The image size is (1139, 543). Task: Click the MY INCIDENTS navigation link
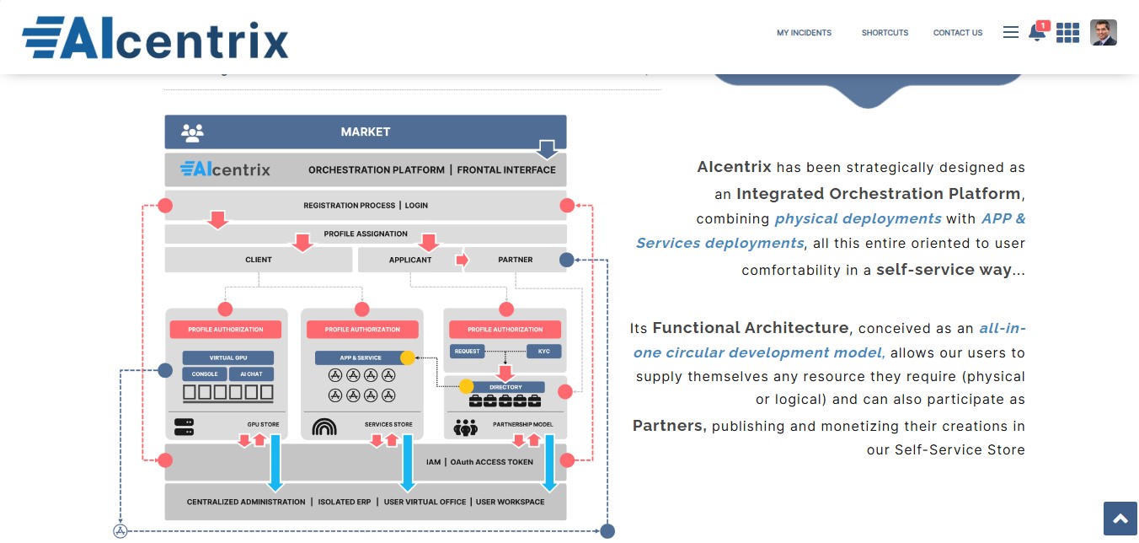tap(804, 33)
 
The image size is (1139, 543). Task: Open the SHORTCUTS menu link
tap(885, 33)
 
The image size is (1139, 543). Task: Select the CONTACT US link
tap(957, 33)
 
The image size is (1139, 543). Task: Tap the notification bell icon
tap(1037, 33)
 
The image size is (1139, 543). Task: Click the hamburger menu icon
tap(1011, 32)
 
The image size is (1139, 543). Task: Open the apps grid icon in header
tap(1067, 33)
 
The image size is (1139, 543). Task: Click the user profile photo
tap(1103, 33)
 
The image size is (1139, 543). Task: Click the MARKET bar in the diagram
tap(366, 132)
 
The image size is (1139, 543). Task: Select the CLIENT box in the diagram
tap(258, 260)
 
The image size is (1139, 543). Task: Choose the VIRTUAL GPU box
tap(227, 358)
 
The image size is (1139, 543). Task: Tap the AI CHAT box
tap(251, 374)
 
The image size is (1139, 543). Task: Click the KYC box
tap(543, 351)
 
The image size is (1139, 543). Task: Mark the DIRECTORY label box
tap(505, 387)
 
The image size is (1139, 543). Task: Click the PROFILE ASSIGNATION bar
tap(366, 234)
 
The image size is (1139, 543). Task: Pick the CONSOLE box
tap(205, 374)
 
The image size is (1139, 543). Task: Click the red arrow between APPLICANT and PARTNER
tap(462, 260)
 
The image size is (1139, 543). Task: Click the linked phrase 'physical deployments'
tap(858, 218)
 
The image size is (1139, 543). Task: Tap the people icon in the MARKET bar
tap(192, 132)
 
